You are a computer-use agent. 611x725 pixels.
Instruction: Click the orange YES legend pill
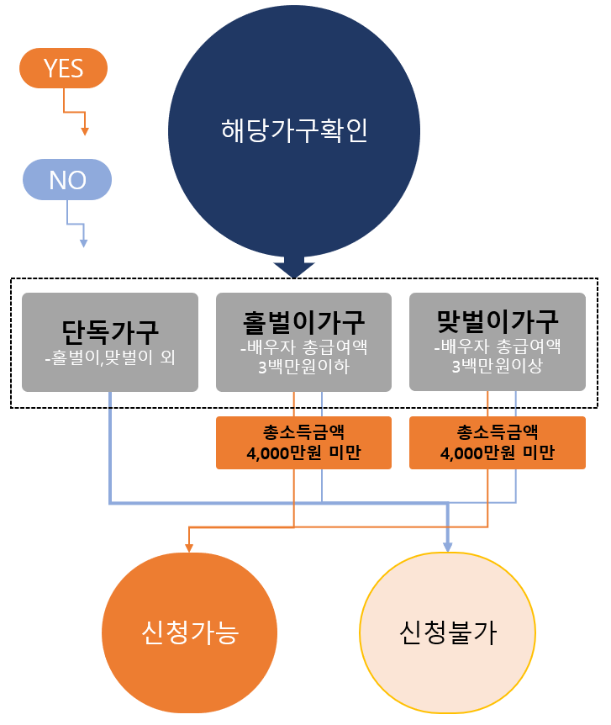coord(64,68)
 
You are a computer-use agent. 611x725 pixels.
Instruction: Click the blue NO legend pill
coord(67,180)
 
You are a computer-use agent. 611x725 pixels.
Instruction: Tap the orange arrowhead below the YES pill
coord(84,130)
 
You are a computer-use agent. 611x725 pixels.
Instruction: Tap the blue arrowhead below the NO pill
coord(83,243)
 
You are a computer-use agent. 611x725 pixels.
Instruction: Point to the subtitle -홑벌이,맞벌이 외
coord(110,357)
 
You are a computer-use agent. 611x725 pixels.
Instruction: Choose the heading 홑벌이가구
coord(303,320)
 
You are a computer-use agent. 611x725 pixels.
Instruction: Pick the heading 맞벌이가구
coord(498,320)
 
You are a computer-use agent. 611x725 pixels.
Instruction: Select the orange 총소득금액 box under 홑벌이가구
coord(303,442)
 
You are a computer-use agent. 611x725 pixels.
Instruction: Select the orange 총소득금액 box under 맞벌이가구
coord(498,442)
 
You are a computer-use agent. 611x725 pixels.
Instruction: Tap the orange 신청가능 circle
coord(189,632)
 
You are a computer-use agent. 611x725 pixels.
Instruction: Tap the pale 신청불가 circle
coord(447,632)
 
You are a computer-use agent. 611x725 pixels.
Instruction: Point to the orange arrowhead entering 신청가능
coord(189,548)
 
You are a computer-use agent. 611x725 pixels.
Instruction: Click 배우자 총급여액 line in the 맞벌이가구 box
coord(498,347)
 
